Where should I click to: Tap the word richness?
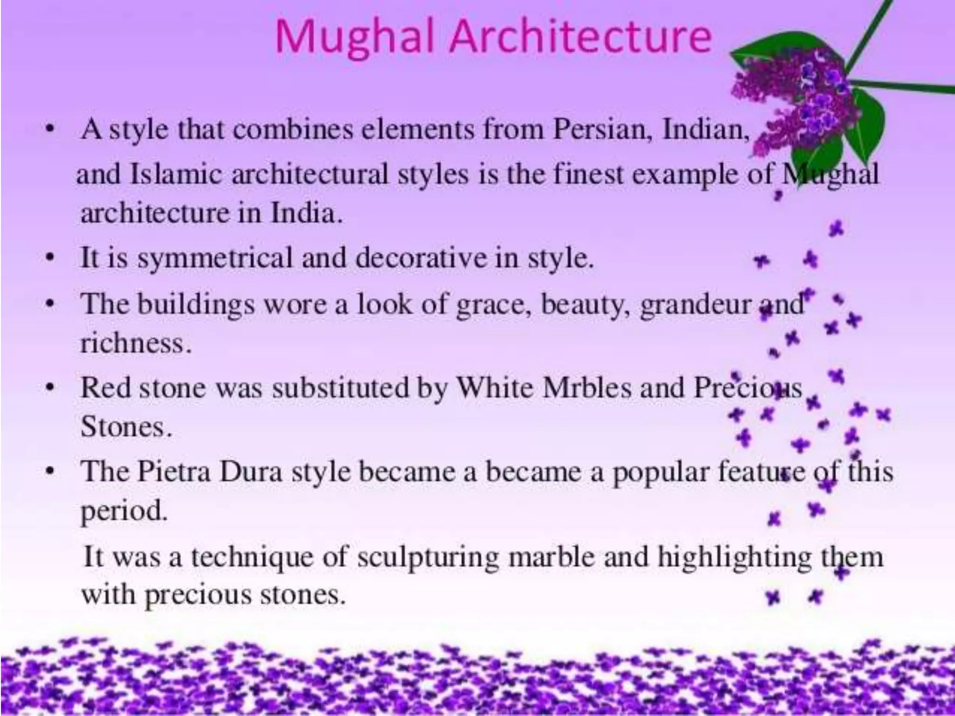click(x=135, y=344)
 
